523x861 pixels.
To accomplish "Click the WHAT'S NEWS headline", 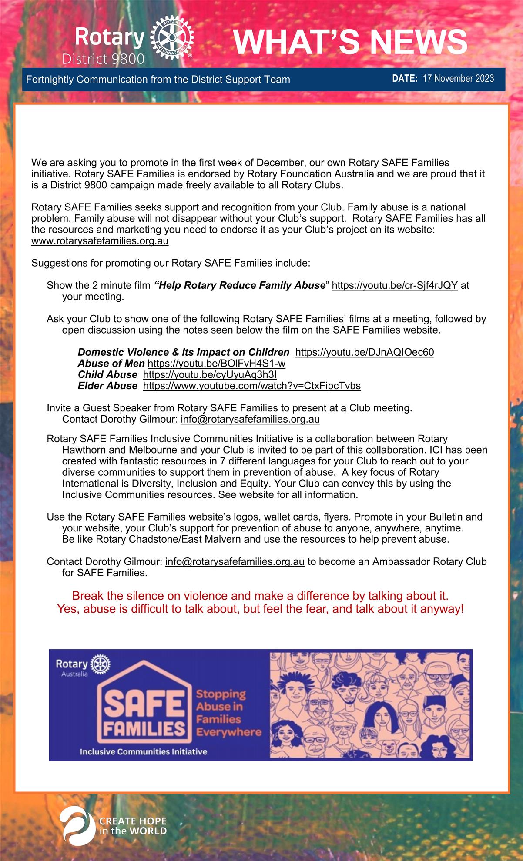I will tap(350, 42).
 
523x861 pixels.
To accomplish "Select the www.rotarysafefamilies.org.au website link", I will tap(100, 241).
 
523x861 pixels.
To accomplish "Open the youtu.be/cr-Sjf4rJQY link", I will tap(394, 285).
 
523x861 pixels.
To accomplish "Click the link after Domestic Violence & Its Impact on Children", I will tap(364, 352).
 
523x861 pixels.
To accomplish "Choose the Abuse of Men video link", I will tap(216, 364).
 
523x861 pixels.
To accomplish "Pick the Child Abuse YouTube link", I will tap(210, 374).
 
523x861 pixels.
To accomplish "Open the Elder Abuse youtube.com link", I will tap(251, 386).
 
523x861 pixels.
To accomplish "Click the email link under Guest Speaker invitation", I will tap(250, 420).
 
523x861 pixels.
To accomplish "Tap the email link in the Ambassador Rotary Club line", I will tap(235, 561).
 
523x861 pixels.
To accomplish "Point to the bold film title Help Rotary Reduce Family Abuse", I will tap(240, 285).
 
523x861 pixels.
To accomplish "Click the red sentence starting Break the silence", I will tap(260, 595).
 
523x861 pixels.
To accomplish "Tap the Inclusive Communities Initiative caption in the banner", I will tap(143, 751).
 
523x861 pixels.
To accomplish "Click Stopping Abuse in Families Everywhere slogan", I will tap(228, 713).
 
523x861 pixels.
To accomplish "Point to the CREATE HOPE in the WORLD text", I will tap(133, 826).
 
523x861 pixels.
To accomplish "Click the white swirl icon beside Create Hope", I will tap(77, 826).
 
